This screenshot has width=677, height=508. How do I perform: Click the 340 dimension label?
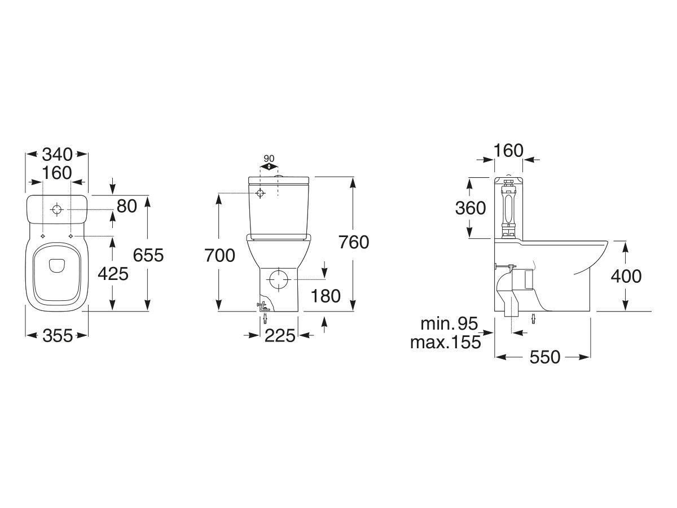[x=58, y=154]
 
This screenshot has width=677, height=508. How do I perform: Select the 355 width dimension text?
[x=58, y=335]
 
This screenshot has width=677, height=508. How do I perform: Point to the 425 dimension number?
[x=113, y=274]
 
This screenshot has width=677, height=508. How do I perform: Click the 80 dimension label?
[x=128, y=206]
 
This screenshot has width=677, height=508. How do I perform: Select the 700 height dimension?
[x=219, y=255]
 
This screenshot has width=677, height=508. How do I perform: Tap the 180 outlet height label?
[x=325, y=295]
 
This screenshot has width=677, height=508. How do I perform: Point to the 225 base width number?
[x=280, y=335]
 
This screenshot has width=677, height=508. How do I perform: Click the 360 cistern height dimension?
[x=471, y=208]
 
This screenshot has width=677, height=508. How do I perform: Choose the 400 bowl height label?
[x=626, y=276]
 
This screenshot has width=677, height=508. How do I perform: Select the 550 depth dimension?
[x=544, y=357]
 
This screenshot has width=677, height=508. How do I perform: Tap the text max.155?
[x=446, y=341]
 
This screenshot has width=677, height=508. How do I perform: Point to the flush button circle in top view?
[x=57, y=209]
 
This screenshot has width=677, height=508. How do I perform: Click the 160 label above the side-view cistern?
[x=509, y=150]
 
